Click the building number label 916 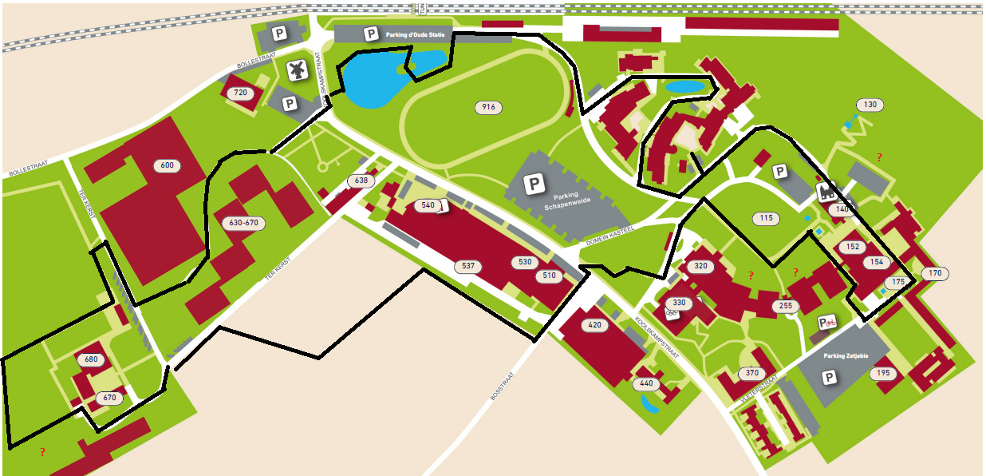(x=488, y=107)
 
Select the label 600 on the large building (x=167, y=165)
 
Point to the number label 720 (x=240, y=93)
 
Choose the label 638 (x=361, y=181)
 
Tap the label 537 (x=468, y=266)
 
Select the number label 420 (x=594, y=325)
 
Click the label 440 (x=646, y=383)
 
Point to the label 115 (x=767, y=218)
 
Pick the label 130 (x=870, y=105)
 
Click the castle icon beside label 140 (x=824, y=193)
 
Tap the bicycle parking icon (x=828, y=323)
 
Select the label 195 (x=882, y=373)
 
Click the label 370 (x=751, y=373)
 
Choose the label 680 (x=90, y=359)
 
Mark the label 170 (x=935, y=273)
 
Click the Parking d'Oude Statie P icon (x=370, y=34)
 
